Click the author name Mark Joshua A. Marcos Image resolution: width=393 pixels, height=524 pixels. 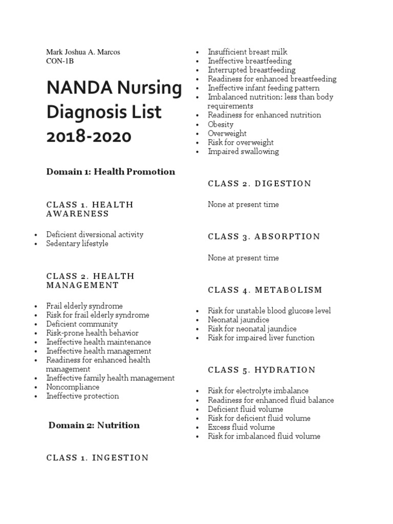[83, 52]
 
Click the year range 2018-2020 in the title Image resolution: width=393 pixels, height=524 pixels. [89, 137]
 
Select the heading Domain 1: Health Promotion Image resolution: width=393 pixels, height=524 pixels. [111, 171]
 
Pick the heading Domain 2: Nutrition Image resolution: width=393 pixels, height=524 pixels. [94, 425]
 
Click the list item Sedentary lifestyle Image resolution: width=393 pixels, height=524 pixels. [77, 244]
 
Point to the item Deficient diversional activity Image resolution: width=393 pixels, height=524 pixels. [95, 234]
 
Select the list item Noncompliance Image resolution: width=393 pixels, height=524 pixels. [73, 387]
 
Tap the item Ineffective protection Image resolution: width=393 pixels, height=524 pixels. [82, 396]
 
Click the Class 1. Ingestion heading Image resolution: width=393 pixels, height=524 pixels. [97, 457]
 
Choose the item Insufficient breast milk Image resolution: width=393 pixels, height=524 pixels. [247, 52]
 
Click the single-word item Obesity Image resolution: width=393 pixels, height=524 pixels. [221, 124]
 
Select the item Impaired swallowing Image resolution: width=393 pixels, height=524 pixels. [243, 151]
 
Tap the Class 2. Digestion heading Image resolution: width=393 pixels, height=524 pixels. [259, 184]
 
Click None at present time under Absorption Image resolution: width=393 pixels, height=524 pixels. [243, 258]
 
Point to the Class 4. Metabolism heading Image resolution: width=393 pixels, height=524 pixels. [265, 290]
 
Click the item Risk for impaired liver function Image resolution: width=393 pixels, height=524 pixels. [261, 338]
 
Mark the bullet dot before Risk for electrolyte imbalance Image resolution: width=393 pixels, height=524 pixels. [197, 391]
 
